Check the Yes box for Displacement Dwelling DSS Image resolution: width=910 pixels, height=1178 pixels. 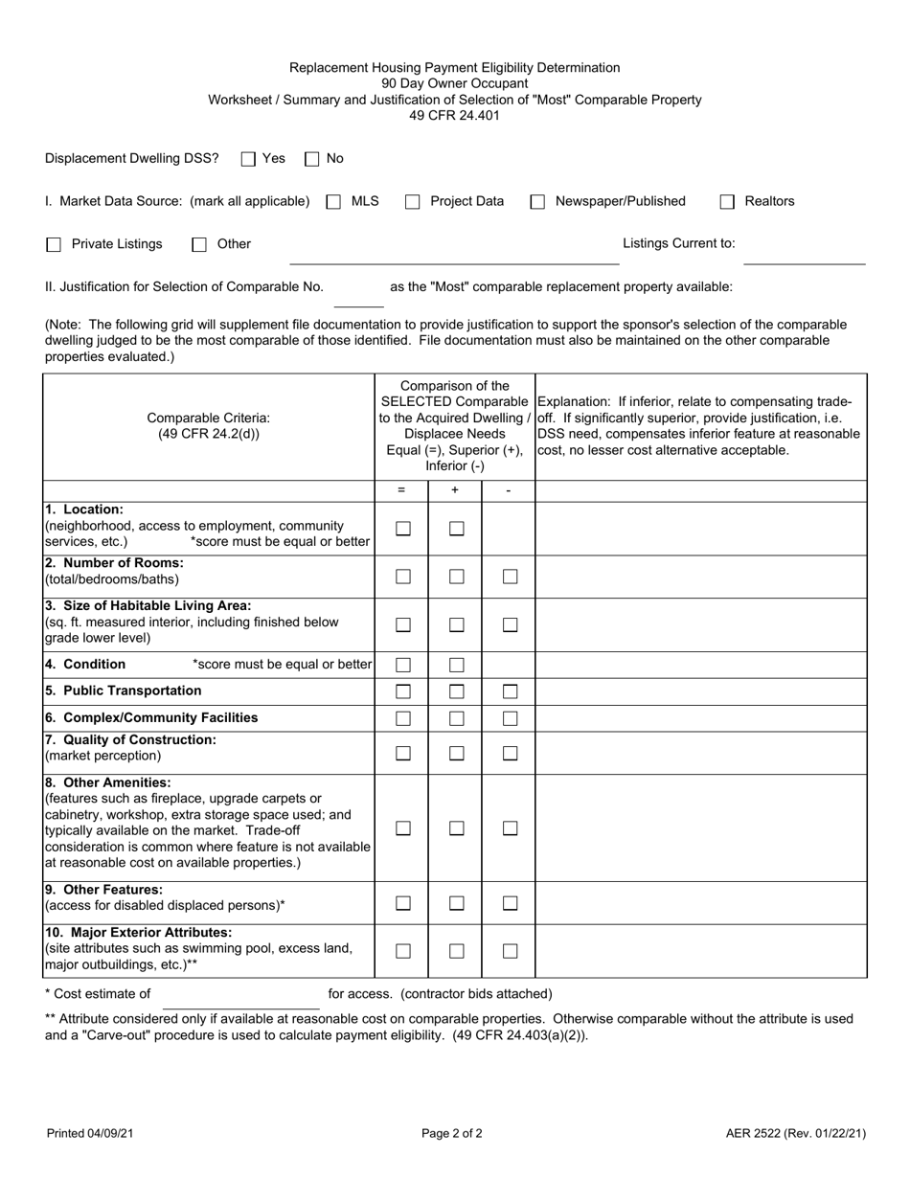coord(248,159)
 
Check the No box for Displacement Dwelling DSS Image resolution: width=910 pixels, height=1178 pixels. coord(311,159)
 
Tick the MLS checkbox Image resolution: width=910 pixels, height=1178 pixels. coord(333,202)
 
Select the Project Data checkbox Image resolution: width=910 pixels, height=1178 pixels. coord(412,202)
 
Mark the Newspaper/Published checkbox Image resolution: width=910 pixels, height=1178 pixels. coord(537,202)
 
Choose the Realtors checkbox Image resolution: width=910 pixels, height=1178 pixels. coord(727,202)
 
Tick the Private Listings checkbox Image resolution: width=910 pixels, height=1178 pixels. coord(54,245)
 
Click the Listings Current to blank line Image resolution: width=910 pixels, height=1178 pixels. coord(804,255)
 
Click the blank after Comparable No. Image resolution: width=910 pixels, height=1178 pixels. coord(358,297)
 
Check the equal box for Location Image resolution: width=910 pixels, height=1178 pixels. coord(403,529)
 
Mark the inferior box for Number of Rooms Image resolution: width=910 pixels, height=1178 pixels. coord(510,577)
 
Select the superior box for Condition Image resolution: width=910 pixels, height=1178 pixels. coord(457,665)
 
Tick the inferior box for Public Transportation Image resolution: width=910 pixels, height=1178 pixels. coord(510,691)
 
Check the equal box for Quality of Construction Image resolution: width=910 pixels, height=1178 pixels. coord(403,754)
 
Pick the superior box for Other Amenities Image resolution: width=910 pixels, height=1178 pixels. coord(457,828)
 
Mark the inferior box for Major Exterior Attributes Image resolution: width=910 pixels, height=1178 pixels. coord(510,951)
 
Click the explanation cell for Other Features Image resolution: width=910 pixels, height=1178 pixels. coord(700,903)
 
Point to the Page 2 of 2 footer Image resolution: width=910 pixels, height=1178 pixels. coord(452,1134)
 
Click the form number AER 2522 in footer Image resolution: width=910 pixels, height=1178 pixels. coord(795,1134)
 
